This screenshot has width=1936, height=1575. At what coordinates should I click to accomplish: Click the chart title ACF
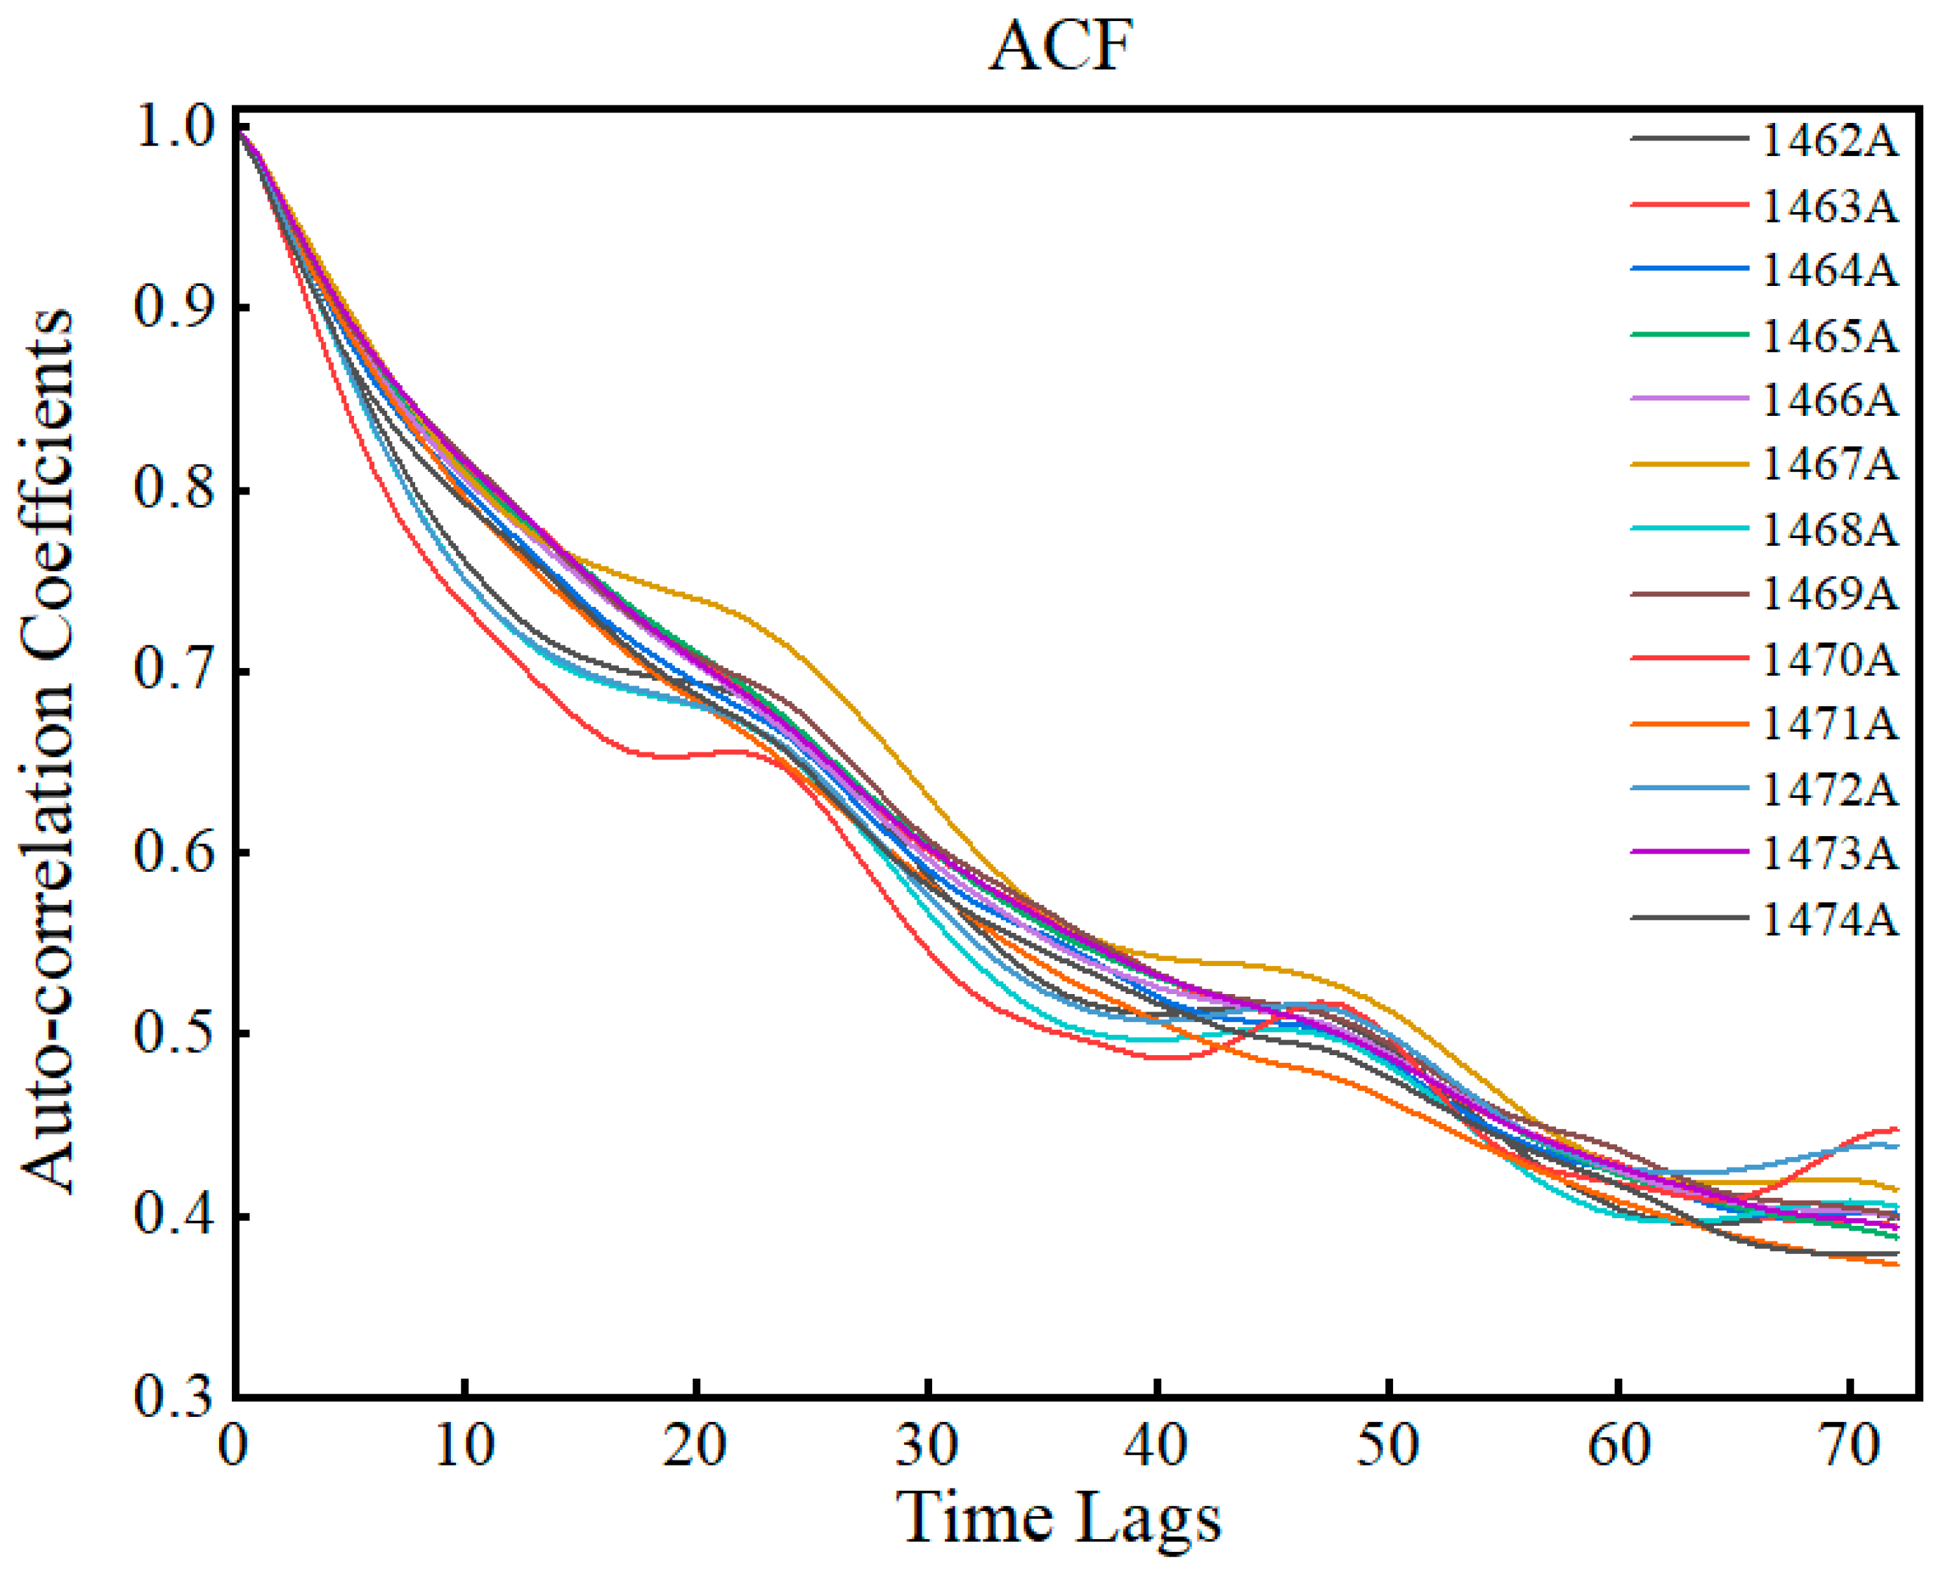coord(1061,47)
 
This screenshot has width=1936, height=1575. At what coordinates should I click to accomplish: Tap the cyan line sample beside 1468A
coord(1689,528)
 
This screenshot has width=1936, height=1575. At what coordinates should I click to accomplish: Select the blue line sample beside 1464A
coord(1689,268)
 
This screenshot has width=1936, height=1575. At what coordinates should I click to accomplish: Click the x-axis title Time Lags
coord(1059,1516)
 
